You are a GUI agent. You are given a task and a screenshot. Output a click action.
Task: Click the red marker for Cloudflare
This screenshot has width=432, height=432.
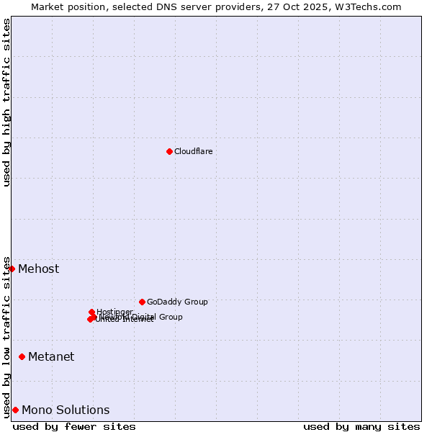pos(169,151)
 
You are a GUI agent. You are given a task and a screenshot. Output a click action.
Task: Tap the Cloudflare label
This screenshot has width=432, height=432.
pos(193,151)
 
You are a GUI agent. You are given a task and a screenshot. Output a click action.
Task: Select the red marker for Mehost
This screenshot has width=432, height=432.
pos(12,269)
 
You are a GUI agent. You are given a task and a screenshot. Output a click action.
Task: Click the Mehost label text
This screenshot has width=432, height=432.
pos(38,269)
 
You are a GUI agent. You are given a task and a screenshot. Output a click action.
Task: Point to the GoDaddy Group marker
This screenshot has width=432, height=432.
pos(142,302)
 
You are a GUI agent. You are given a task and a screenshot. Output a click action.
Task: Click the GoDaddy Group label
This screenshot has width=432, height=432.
pos(177,302)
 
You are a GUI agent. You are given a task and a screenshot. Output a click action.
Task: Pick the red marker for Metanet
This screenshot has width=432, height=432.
pos(22,356)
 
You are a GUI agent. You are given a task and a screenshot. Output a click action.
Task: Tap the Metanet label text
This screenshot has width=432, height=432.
pos(51,356)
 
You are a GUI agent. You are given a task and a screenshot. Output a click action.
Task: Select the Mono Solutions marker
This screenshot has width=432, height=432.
pos(15,410)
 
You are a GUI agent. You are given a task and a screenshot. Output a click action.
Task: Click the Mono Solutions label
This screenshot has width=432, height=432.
pos(66,410)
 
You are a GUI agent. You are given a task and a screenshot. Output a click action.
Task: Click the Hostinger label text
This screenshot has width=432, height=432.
pos(114,312)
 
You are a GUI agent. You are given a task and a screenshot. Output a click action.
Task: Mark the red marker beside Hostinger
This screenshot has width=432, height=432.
pos(91,312)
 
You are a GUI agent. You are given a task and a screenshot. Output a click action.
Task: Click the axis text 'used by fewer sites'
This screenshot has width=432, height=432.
pos(74,426)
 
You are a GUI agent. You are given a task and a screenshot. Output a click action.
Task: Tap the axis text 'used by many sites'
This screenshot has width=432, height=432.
pos(361,426)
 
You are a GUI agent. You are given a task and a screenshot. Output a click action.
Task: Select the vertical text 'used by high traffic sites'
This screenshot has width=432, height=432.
pos(6,102)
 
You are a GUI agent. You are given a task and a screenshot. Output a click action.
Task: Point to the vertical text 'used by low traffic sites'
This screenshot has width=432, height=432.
pos(6,336)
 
